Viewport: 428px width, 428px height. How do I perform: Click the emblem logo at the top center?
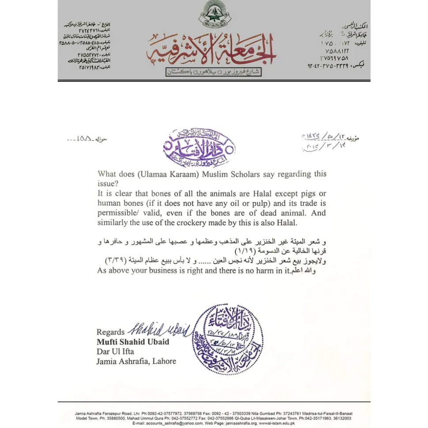pos(214,15)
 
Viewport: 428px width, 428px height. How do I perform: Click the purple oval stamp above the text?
pos(199,148)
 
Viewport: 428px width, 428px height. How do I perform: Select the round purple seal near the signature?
pos(228,339)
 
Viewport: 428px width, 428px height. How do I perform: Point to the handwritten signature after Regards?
pos(159,328)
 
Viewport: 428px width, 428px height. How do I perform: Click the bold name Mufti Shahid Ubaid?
pos(133,342)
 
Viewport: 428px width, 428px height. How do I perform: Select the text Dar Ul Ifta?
pos(115,351)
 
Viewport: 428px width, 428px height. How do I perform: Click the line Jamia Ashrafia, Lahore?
pos(136,361)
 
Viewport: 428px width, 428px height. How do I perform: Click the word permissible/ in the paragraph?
pos(118,213)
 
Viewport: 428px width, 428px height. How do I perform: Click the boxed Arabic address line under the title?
pos(214,71)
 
